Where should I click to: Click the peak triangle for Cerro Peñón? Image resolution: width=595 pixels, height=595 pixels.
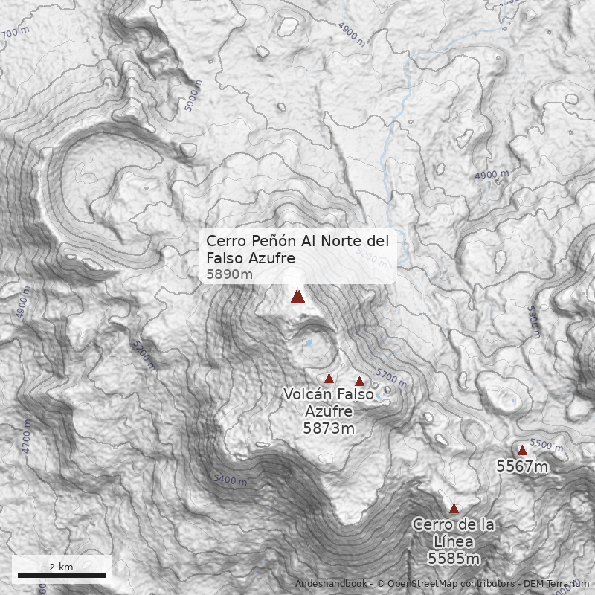pos(297,296)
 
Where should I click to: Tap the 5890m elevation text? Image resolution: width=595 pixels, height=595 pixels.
pos(229,274)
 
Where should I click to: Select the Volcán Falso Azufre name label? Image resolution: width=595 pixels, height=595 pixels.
pos(328,402)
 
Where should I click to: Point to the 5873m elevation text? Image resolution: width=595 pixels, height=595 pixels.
pos(328,428)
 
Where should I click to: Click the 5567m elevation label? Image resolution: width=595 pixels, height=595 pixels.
pos(522,467)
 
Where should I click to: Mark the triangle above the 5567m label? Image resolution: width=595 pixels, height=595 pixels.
pos(522,450)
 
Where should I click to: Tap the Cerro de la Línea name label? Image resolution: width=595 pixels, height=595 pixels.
pos(453,533)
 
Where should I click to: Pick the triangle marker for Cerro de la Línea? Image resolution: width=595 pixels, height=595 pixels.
pos(454,508)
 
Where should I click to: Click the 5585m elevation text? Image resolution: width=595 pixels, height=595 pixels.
pos(453,558)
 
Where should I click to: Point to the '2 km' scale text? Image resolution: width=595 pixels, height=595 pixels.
pos(61,567)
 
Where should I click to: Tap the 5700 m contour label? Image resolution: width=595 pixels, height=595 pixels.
pos(391,379)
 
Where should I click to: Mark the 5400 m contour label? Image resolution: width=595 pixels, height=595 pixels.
pos(230,479)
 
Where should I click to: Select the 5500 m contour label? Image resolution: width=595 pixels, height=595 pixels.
pos(547,445)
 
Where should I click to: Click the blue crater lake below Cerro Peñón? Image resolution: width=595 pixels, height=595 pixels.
pos(308,343)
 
